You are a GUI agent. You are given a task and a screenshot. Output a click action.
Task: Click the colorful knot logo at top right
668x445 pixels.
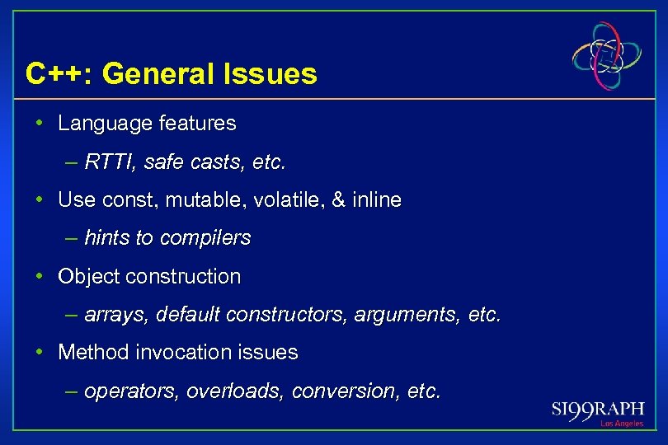[x=607, y=56]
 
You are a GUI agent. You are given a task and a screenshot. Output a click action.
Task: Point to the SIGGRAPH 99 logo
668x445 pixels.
[x=597, y=410]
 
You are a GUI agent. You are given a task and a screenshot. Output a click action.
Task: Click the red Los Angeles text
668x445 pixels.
[x=621, y=424]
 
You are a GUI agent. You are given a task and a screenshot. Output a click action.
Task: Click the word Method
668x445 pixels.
[x=88, y=353]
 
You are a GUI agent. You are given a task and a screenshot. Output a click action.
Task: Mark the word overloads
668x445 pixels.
[x=233, y=391]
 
